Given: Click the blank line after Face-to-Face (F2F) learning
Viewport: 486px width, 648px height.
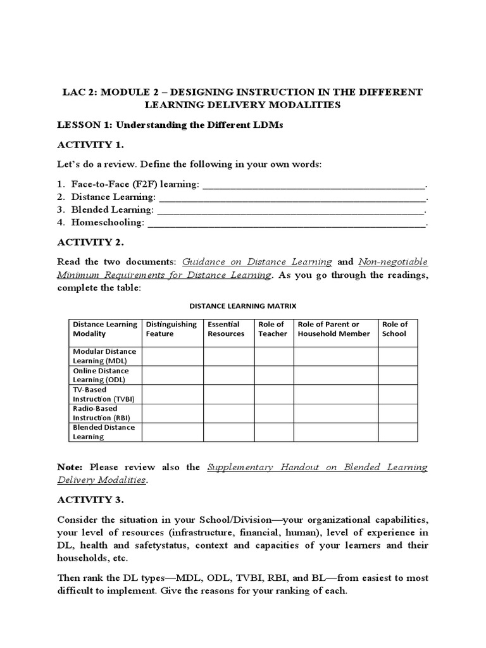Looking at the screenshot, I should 314,184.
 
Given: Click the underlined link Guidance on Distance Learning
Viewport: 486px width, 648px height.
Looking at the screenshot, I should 257,261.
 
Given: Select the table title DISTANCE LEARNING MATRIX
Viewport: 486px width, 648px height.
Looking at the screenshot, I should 243,306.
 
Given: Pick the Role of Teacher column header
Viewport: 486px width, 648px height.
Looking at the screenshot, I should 273,329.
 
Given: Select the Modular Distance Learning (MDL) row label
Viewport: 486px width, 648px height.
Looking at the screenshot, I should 104,356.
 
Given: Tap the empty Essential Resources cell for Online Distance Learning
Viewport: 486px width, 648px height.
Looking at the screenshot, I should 228,375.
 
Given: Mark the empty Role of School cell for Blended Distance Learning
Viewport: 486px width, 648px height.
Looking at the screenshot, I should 397,432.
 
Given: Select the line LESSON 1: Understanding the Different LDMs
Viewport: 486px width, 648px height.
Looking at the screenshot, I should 170,125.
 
